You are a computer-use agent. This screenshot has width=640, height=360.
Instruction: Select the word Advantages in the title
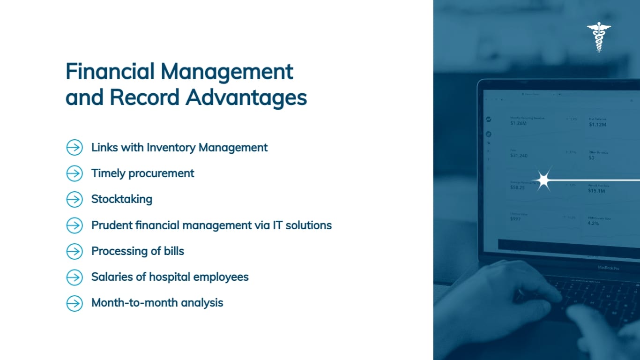tap(246, 97)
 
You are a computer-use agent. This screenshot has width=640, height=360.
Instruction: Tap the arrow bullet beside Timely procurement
tap(74, 173)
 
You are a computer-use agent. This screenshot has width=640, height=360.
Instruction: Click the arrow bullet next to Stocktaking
tap(74, 199)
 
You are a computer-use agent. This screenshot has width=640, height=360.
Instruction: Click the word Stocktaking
tap(121, 199)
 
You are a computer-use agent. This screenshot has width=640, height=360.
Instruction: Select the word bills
tap(174, 251)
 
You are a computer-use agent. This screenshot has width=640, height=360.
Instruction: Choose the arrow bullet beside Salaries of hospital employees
tap(74, 277)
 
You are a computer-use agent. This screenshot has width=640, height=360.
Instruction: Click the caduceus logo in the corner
tap(599, 37)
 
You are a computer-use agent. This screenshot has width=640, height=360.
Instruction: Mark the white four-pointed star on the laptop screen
tap(543, 179)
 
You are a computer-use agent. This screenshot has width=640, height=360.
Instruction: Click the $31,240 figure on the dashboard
tap(519, 156)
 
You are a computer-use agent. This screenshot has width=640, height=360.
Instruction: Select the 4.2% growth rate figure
tap(593, 224)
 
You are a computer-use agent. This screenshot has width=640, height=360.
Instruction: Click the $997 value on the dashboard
tap(515, 219)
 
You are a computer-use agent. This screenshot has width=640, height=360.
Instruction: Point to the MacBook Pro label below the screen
tap(608, 268)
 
